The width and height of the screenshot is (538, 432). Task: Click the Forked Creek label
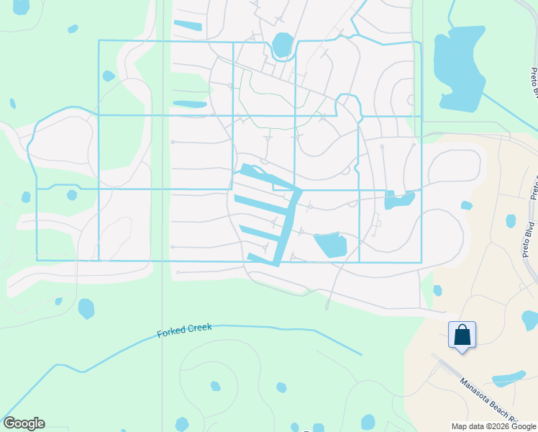click(x=185, y=330)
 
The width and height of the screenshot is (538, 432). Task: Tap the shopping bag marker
click(x=462, y=335)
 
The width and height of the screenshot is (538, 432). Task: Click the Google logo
click(x=24, y=423)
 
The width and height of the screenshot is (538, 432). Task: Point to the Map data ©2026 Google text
click(x=493, y=426)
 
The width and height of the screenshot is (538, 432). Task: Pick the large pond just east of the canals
click(x=331, y=245)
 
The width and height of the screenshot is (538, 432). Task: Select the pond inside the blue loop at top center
click(x=283, y=45)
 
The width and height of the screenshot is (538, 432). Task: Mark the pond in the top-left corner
click(x=22, y=6)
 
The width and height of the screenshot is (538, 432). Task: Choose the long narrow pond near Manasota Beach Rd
click(x=510, y=377)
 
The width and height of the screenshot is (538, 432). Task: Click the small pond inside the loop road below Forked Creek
click(x=215, y=385)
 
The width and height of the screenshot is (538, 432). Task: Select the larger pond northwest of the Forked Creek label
click(x=86, y=308)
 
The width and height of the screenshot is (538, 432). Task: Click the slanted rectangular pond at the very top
click(x=188, y=26)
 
